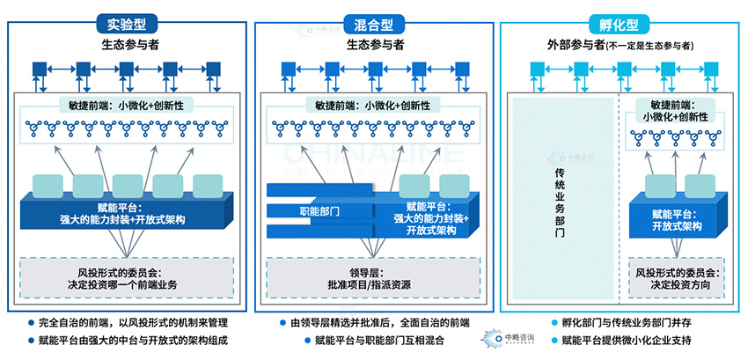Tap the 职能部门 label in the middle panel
(319, 211)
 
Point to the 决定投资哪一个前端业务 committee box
(124, 278)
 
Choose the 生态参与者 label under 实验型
(124, 43)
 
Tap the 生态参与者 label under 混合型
(375, 43)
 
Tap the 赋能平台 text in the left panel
(124, 211)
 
